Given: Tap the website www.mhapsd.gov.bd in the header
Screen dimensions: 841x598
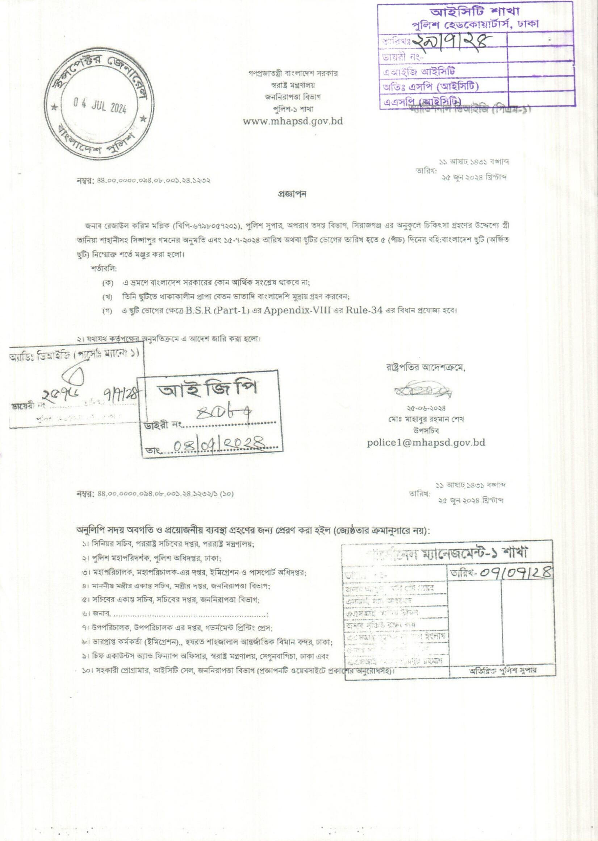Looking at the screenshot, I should [293, 121].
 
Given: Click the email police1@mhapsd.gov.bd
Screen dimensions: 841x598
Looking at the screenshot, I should [426, 442].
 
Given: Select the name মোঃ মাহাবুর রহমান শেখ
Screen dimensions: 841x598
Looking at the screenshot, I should [426, 419].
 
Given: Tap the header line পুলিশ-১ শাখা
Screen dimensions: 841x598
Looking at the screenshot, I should [293, 109].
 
